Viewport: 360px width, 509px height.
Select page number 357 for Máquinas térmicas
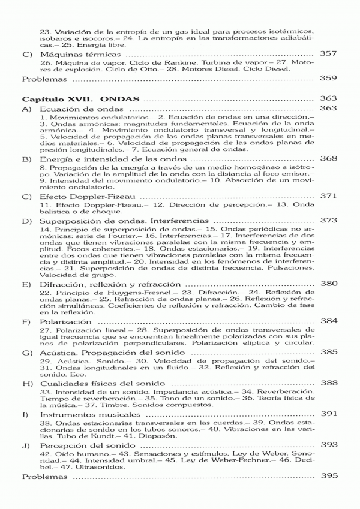click(329, 54)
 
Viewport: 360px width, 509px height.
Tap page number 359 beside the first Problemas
click(329, 78)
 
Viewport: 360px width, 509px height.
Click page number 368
click(329, 159)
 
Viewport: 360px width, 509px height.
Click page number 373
click(329, 221)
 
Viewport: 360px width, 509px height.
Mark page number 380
click(329, 284)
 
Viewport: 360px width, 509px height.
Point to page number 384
click(329, 321)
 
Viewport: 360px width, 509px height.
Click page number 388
click(329, 383)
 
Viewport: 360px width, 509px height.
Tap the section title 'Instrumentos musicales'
click(89, 414)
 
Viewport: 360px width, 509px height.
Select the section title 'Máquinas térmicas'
click(76, 54)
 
